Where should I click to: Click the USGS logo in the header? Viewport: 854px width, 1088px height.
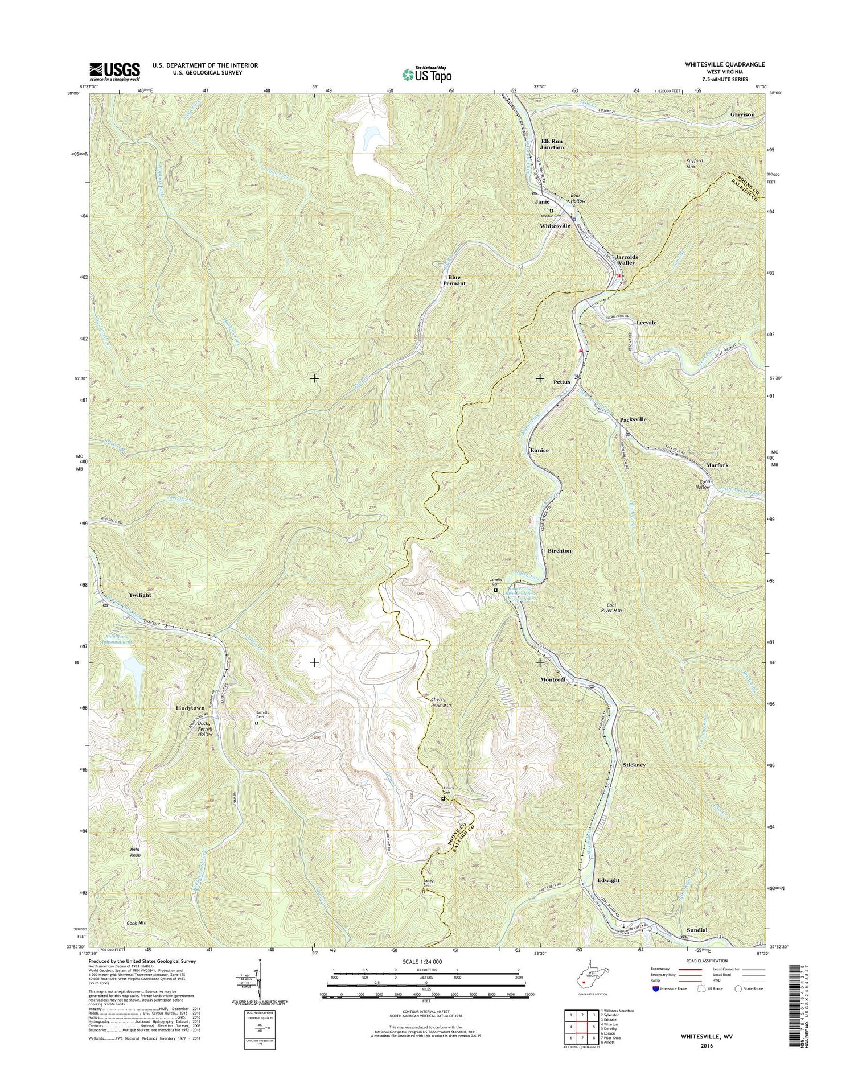pyautogui.click(x=114, y=70)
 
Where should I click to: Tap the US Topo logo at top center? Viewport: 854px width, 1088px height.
pyautogui.click(x=427, y=73)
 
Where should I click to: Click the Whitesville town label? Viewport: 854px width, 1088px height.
pyautogui.click(x=555, y=226)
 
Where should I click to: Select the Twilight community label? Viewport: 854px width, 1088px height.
pyautogui.click(x=139, y=595)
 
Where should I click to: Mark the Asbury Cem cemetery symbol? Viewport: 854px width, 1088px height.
pyautogui.click(x=443, y=799)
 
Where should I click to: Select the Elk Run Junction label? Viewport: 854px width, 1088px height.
pyautogui.click(x=552, y=143)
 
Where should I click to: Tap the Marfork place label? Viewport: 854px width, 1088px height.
pyautogui.click(x=717, y=465)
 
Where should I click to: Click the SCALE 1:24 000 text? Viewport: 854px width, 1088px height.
pyautogui.click(x=426, y=962)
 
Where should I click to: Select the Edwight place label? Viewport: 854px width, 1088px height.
pyautogui.click(x=608, y=880)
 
